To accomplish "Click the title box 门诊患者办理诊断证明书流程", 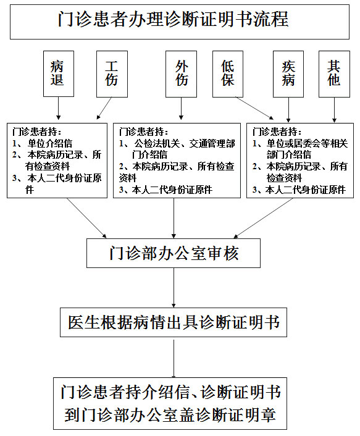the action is pos(180,22).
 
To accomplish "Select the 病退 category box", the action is pos(59,73).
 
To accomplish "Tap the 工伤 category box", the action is pos(112,74).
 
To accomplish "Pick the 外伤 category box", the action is pos(181,74).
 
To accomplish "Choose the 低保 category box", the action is pos(228,74).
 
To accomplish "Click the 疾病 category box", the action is pos(288,74).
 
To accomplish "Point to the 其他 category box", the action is pos(334,74).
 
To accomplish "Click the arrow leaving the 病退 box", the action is pos(59,108).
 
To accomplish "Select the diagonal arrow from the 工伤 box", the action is pos(104,108).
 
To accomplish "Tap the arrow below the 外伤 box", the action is pos(181,109).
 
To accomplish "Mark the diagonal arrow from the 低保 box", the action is pos(254,108).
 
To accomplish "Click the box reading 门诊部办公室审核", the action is pos(174,253).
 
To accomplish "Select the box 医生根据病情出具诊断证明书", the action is pos(174,322).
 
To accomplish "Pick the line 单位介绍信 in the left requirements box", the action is pos(50,143).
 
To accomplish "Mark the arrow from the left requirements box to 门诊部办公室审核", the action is pos(86,218).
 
